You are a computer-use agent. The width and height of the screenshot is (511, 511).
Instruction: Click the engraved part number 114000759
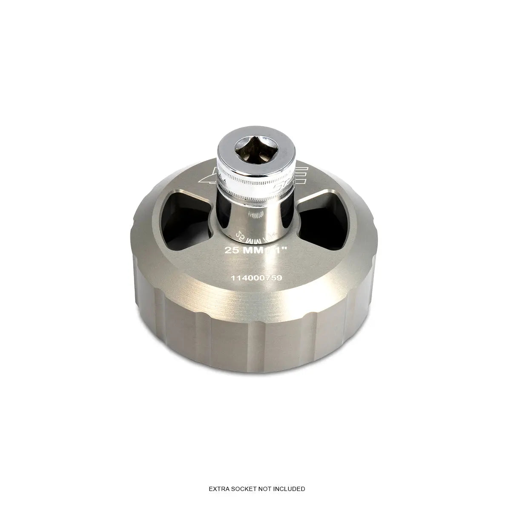(256, 277)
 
